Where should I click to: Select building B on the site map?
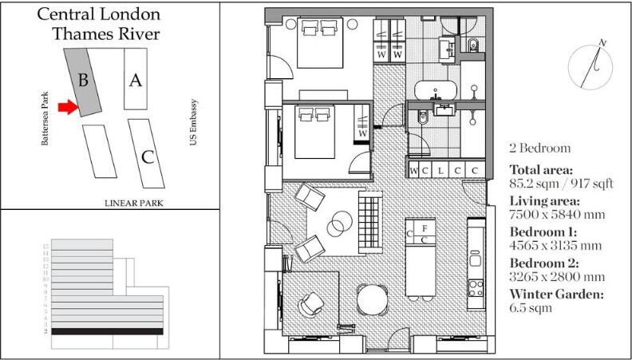pos(85,80)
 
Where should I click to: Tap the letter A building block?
pos(136,79)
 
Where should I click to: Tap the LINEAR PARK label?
pos(133,204)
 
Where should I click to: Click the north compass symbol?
pos(588,65)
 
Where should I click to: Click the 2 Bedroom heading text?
pos(539,148)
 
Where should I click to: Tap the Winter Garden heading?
pos(556,294)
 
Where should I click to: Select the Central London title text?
pos(98,14)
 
